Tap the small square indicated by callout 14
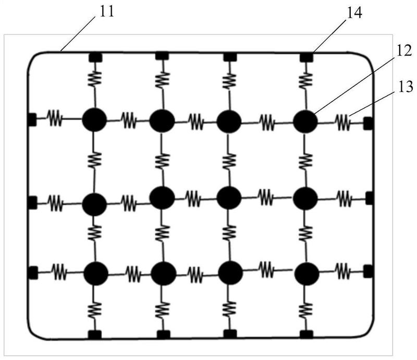(306, 56)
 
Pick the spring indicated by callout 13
(343, 122)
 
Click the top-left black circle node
(94, 119)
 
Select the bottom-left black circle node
(95, 272)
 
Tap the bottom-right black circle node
(306, 273)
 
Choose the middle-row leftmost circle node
(94, 203)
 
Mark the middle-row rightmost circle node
(305, 198)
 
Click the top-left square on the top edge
(94, 56)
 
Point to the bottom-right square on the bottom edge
(306, 333)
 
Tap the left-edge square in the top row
(31, 120)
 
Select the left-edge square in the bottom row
(32, 272)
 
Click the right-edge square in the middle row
(370, 198)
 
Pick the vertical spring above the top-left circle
(94, 79)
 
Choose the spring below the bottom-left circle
(94, 310)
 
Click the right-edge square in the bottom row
(368, 271)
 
